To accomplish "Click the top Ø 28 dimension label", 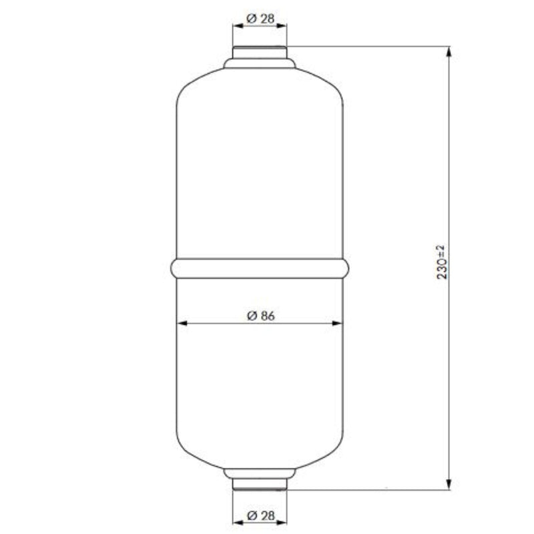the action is [260, 19].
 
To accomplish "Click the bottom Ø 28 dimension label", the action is [260, 515].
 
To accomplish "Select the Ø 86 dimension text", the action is [260, 316].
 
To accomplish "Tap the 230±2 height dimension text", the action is [441, 262].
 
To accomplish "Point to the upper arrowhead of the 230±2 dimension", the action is [449, 52].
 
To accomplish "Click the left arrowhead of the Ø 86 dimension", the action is [182, 323].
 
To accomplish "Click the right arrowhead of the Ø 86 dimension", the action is [337, 323].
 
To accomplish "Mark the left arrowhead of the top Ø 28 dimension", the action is [238, 26].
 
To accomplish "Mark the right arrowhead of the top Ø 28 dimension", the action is [281, 26].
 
